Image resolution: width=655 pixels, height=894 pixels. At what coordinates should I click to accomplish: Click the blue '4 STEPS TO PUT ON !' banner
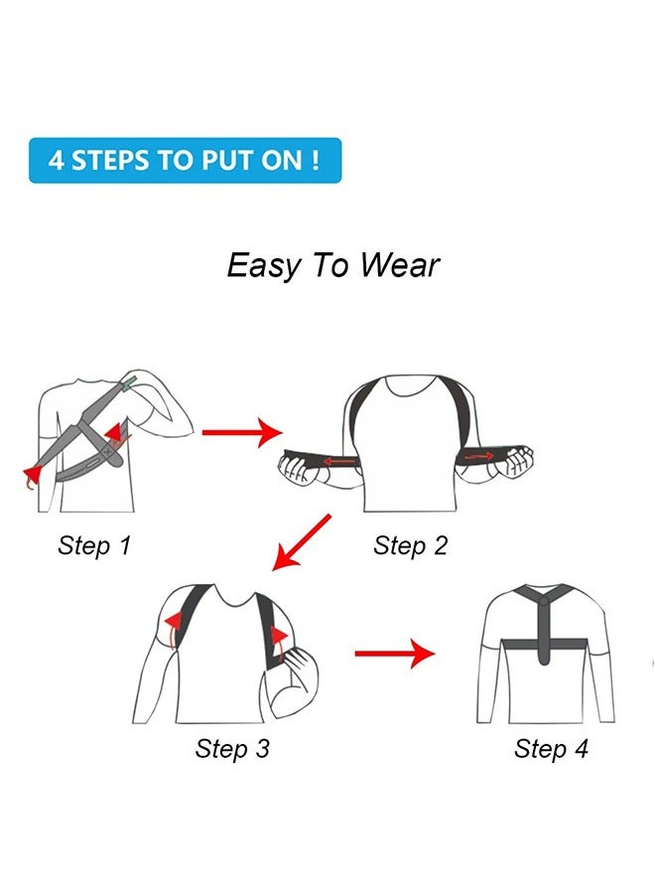(x=185, y=160)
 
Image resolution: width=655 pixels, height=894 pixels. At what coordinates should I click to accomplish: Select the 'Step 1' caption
(x=94, y=545)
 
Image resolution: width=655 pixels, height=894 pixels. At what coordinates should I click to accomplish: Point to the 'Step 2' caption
(x=410, y=545)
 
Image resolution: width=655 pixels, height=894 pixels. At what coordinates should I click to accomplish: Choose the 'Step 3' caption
(x=232, y=748)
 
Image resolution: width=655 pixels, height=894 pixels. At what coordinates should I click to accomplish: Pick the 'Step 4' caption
(x=551, y=748)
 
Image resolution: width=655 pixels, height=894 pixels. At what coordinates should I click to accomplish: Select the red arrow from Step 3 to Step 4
(x=395, y=654)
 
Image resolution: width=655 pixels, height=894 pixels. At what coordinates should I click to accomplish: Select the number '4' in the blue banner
(x=57, y=161)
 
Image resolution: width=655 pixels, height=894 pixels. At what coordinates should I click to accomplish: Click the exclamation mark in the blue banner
(x=315, y=160)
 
